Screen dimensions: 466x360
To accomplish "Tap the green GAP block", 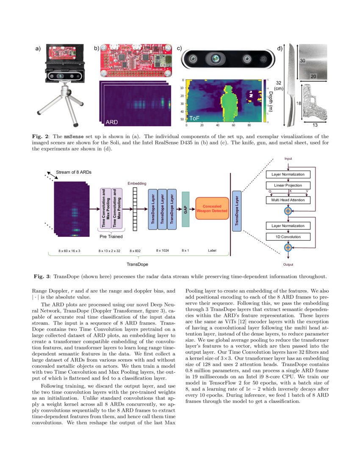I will tap(185, 210).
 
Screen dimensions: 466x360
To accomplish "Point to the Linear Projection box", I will tap(288, 186).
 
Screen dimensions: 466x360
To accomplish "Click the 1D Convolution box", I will tap(288, 236).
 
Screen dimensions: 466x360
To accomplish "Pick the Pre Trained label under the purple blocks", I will tap(111, 237).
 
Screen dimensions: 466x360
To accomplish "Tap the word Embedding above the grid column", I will tap(137, 183).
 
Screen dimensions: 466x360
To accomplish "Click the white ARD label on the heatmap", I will tap(111, 122).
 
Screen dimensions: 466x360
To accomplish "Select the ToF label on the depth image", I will tap(194, 119).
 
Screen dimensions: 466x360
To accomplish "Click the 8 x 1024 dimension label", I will tap(163, 251).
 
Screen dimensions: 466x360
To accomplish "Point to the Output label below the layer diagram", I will tap(288, 264).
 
